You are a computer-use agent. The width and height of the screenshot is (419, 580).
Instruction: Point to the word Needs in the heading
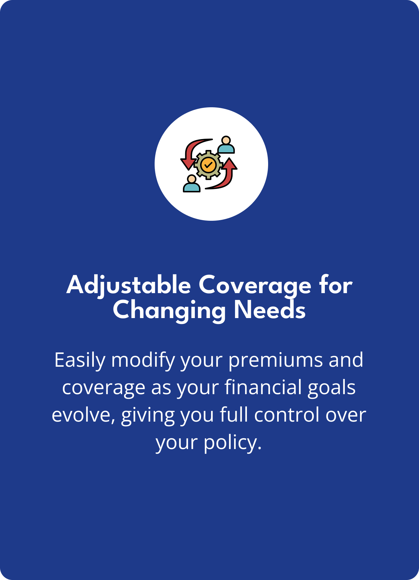click(x=270, y=310)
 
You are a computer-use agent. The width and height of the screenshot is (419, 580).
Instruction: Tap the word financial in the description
click(x=263, y=387)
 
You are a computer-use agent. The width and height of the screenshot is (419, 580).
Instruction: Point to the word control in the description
click(x=287, y=415)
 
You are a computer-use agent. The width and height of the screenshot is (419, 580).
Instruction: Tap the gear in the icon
click(x=208, y=165)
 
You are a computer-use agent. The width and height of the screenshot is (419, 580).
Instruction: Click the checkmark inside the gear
click(x=208, y=164)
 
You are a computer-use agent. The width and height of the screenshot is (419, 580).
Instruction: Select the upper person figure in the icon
click(x=226, y=145)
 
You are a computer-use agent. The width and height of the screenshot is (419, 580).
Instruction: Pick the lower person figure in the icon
click(x=191, y=183)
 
